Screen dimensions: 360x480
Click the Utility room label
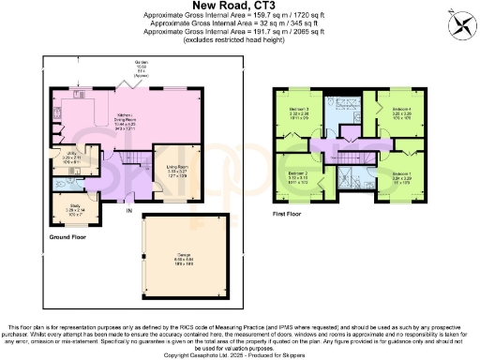click(x=61, y=158)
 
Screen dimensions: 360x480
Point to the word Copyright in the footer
click(x=181, y=354)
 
